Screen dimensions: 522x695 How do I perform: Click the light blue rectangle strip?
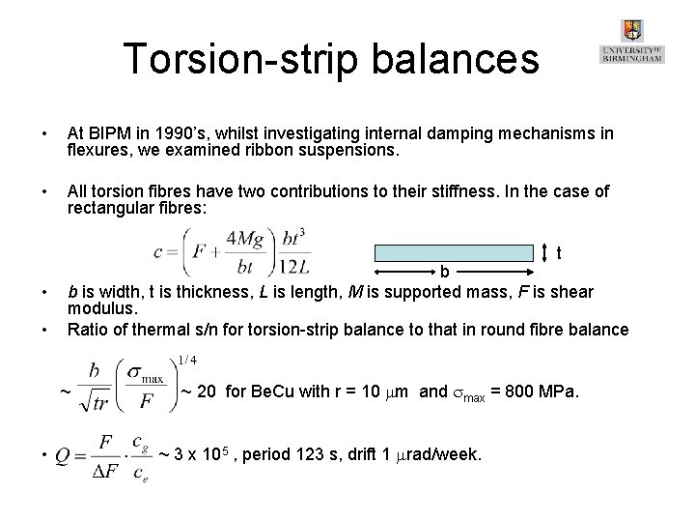(x=459, y=253)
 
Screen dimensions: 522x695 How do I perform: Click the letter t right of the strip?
(x=561, y=254)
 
